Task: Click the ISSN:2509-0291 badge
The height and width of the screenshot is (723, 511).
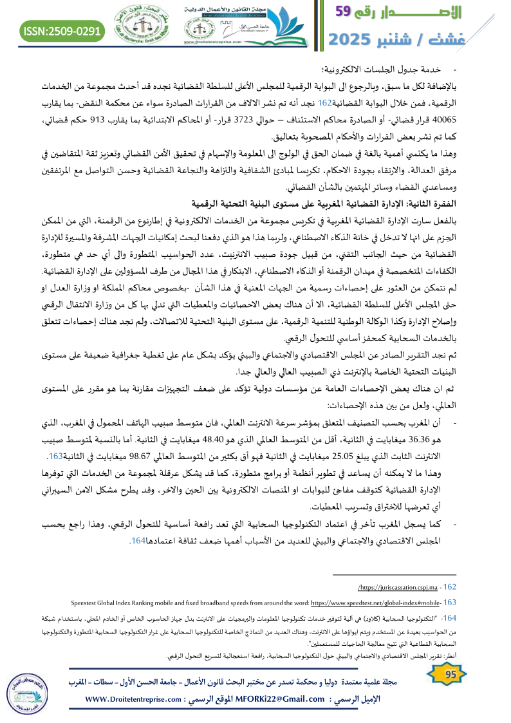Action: click(63, 31)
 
